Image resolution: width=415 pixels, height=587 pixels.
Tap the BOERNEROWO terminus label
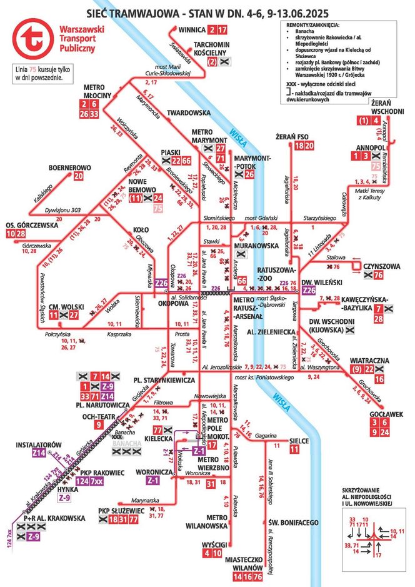point(70,168)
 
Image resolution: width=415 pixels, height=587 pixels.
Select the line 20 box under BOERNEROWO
point(78,177)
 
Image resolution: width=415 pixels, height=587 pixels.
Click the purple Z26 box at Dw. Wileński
point(308,291)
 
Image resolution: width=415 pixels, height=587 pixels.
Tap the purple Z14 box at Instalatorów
point(39,453)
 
